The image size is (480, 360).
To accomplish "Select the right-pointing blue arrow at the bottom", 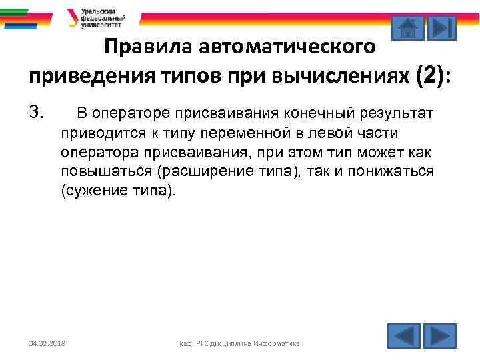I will pos(440,335).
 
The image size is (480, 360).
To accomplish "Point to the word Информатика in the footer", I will pos(275,343).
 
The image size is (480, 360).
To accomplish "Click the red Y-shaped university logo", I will pos(72,17).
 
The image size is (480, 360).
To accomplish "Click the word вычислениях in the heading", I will pos(344,76).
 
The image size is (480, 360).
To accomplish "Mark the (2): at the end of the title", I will pos(433,76).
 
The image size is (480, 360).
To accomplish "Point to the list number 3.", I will pos(36,113).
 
